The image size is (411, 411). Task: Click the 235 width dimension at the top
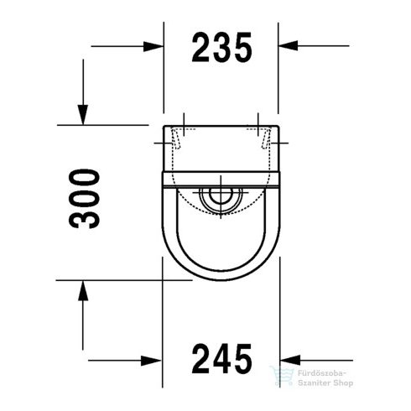(x=221, y=49)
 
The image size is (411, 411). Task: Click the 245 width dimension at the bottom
(x=221, y=360)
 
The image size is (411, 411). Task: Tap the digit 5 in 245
(x=242, y=360)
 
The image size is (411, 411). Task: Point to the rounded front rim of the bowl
(x=221, y=278)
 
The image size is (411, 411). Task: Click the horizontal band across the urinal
(x=221, y=177)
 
